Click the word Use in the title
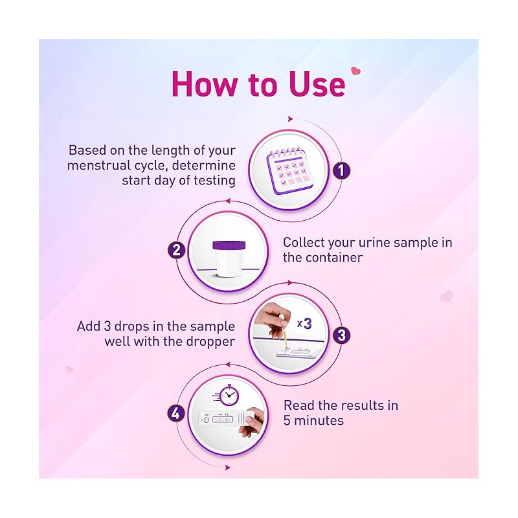click(x=317, y=84)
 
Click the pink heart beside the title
click(x=355, y=71)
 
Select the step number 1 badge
click(x=341, y=171)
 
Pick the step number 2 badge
click(x=176, y=249)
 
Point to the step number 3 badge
click(x=341, y=335)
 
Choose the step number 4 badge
click(x=176, y=413)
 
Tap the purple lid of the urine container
click(x=229, y=245)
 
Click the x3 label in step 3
click(x=304, y=323)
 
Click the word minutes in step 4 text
click(x=319, y=420)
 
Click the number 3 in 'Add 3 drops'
click(x=107, y=326)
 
